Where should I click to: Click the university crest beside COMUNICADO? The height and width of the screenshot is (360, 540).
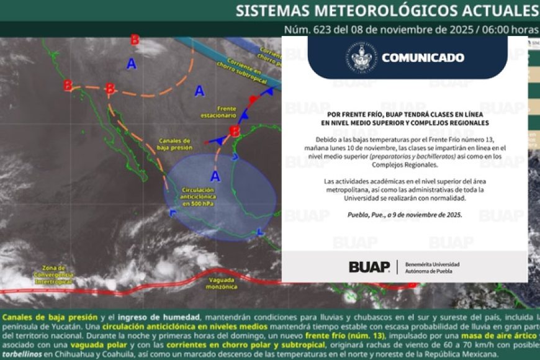point(364,57)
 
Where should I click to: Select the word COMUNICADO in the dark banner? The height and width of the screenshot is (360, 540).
point(423,58)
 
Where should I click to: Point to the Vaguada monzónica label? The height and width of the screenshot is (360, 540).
point(221,284)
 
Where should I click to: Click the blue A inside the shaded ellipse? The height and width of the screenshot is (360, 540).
point(215,176)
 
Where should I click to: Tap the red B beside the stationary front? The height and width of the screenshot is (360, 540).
point(235,132)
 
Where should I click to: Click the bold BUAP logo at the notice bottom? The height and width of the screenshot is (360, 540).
point(369,267)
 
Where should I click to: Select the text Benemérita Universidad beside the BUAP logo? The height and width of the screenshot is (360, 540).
point(432,264)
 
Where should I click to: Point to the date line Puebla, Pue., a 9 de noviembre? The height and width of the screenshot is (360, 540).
point(405,215)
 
